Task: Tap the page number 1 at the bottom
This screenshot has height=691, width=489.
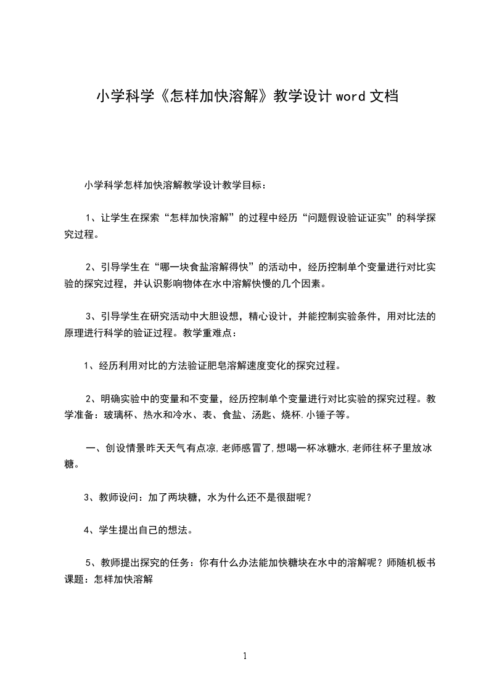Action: point(245,656)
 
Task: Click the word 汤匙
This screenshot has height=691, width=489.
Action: point(249,415)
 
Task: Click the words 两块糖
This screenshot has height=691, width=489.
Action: point(183,498)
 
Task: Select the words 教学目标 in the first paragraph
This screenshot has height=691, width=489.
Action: point(243,185)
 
